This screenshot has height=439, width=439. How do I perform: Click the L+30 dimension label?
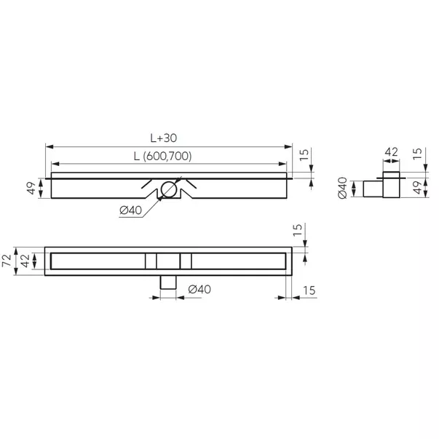tap(169, 138)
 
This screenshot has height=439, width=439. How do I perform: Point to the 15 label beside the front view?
tap(304, 154)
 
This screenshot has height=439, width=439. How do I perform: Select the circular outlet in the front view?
tap(169, 189)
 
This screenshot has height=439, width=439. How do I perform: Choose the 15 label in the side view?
tap(416, 154)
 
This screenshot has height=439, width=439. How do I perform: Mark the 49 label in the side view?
tap(416, 188)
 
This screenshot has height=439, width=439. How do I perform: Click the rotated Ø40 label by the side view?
tap(342, 188)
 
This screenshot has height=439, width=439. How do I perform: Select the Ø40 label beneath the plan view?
tap(199, 289)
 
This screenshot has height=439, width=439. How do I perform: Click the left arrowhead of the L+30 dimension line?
tap(49, 146)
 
